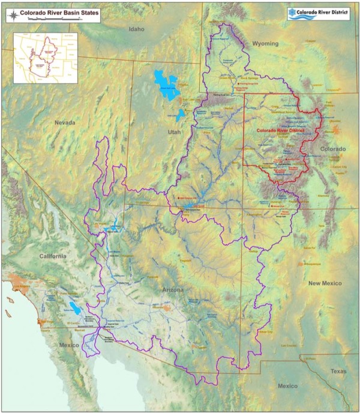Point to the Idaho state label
coord(137,29)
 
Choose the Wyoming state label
coord(265,44)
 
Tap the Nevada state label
coord(65,122)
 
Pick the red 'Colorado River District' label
coord(280,130)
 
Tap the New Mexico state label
coord(324,282)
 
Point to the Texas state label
coord(338,372)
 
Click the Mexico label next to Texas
coord(287,385)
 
